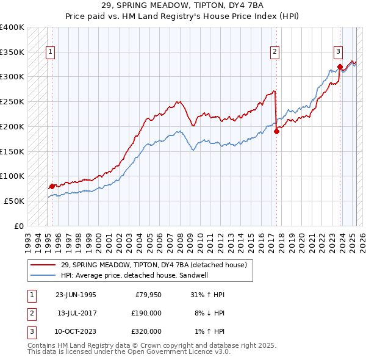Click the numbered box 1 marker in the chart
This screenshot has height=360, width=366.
click(49, 52)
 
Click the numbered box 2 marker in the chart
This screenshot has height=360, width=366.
click(275, 52)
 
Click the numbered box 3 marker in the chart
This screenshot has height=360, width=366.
click(338, 52)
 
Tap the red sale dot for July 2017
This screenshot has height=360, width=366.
click(276, 131)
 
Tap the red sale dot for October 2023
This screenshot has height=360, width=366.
click(340, 67)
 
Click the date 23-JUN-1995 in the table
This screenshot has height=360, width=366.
click(76, 295)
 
